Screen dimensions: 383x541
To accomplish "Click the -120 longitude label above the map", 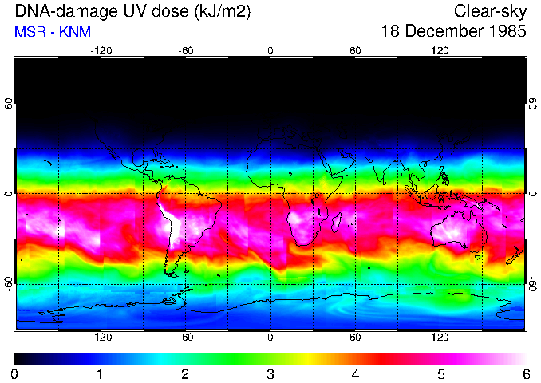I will tap(101, 50).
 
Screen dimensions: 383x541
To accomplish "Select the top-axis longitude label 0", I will tap(270, 50).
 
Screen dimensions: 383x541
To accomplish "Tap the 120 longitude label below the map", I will tap(440, 338).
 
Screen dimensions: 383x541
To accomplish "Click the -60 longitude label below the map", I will tap(186, 338).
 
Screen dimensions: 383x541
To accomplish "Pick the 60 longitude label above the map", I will tap(355, 50).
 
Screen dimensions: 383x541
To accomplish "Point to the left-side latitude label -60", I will tap(8, 283).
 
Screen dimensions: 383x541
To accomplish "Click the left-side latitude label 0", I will tap(8, 194).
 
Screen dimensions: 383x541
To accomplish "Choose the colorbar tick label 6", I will tap(525, 373).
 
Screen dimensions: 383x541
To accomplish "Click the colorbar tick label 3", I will tap(270, 373).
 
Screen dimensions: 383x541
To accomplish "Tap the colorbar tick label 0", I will tap(15, 373).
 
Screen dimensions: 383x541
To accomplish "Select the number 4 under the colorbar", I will tap(355, 373).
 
